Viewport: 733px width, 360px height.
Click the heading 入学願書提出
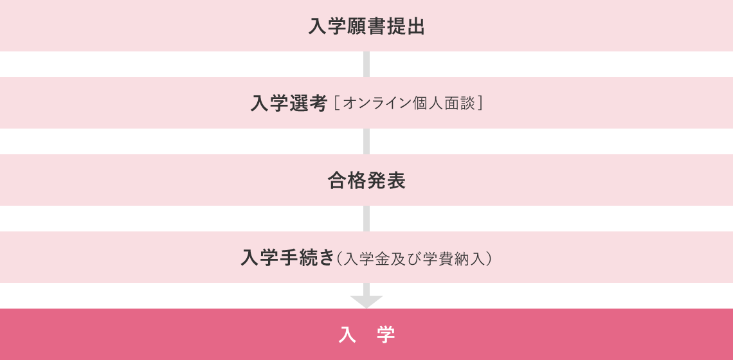coord(366,26)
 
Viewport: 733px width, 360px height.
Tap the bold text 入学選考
coord(289,104)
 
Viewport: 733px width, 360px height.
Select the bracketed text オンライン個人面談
coord(409,104)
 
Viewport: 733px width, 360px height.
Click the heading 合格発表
coord(366,181)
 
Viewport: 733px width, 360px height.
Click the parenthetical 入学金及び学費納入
coord(415,258)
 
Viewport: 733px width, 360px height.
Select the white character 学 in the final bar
coord(386,334)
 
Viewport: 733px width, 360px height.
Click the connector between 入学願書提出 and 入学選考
coord(366,64)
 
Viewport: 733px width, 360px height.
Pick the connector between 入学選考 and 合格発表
coord(366,141)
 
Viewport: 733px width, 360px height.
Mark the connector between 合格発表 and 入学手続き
coord(366,219)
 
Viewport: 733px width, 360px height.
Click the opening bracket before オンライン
coord(337,104)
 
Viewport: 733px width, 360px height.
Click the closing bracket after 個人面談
coord(480,104)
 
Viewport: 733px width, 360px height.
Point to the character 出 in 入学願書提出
coord(416,26)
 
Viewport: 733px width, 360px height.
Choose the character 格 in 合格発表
coord(357,181)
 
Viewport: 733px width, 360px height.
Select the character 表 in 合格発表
coord(396,181)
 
